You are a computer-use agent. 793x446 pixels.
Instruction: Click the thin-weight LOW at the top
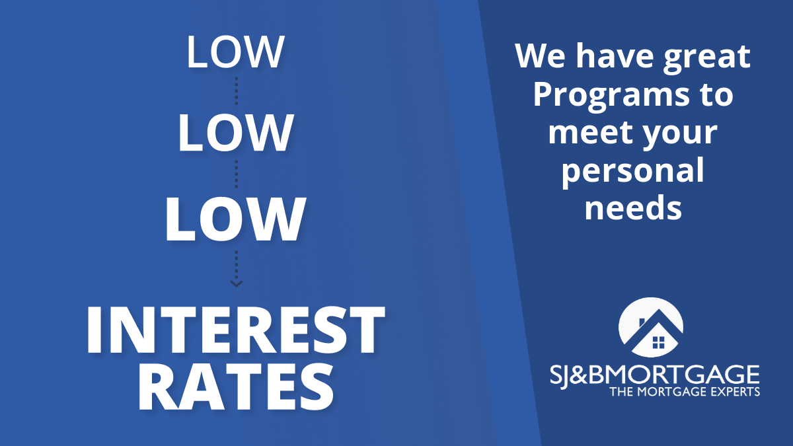235,52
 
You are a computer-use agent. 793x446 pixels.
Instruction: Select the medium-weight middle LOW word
235,133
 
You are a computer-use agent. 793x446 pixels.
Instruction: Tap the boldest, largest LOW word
235,219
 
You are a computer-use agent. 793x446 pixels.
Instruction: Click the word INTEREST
235,330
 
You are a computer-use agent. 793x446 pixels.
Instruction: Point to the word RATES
235,387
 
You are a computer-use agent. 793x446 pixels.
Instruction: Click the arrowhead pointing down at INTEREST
236,283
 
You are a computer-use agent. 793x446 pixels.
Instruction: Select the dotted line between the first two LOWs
236,91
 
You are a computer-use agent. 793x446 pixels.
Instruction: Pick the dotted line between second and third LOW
236,174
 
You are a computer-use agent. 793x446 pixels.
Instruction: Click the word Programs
611,96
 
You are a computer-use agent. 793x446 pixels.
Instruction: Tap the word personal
633,172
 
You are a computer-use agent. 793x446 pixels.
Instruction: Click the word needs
633,207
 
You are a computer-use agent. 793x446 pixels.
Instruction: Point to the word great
706,58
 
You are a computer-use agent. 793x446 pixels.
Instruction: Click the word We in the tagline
541,56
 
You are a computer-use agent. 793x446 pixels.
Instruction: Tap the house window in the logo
658,342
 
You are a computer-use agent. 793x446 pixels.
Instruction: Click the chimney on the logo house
642,322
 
